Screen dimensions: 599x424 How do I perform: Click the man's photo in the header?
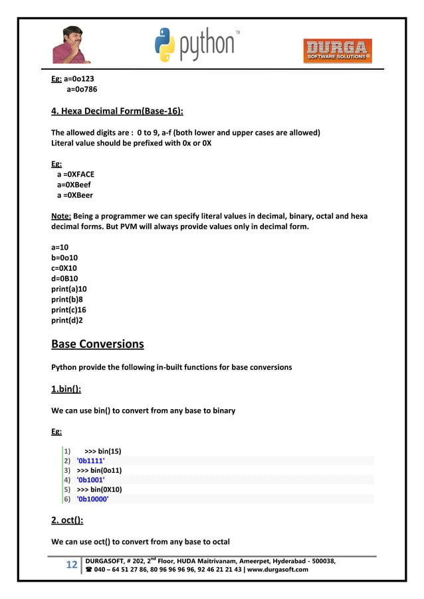pyautogui.click(x=72, y=44)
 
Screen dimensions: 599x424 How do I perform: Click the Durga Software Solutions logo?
pyautogui.click(x=338, y=50)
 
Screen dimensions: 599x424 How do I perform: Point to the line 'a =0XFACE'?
pyautogui.click(x=75, y=175)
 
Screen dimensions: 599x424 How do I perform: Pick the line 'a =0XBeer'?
pyautogui.click(x=74, y=195)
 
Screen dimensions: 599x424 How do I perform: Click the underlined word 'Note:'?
pyautogui.click(x=61, y=216)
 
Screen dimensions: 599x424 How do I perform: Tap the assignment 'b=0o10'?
pyautogui.click(x=64, y=258)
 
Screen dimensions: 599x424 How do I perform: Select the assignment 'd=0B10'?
pyautogui.click(x=64, y=278)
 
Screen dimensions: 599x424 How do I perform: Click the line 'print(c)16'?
pyautogui.click(x=69, y=310)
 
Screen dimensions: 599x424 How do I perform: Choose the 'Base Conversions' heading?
pyautogui.click(x=97, y=344)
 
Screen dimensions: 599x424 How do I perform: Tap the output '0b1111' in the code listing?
pyautogui.click(x=91, y=460)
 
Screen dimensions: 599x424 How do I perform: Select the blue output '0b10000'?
pyautogui.click(x=93, y=499)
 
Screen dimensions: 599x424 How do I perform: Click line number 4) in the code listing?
pyautogui.click(x=67, y=479)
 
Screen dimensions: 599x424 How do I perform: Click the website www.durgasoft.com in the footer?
pyautogui.click(x=278, y=569)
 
